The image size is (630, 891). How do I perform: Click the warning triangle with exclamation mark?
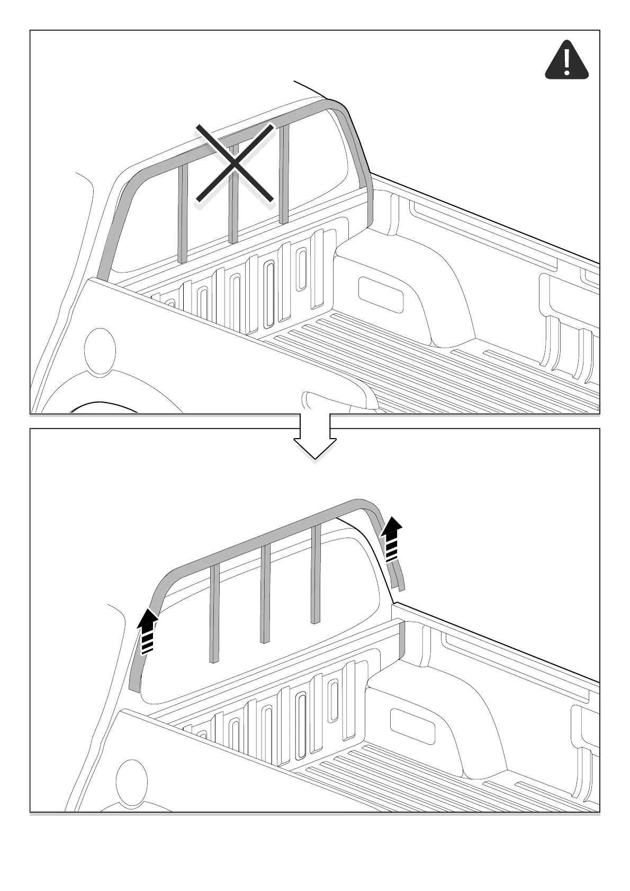(566, 61)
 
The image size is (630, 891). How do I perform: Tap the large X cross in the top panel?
(235, 163)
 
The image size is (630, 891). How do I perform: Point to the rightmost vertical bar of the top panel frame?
(284, 175)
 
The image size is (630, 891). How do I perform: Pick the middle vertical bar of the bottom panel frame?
(266, 593)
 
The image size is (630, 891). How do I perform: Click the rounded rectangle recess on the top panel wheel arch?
(381, 294)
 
